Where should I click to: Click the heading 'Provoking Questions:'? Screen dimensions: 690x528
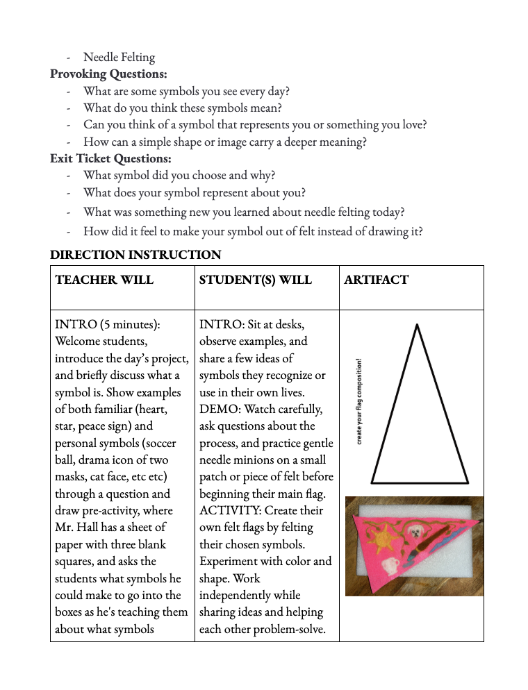[x=108, y=74]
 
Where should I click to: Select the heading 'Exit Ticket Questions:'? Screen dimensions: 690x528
[x=110, y=158]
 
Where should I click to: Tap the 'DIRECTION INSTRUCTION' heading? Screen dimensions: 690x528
[x=135, y=255]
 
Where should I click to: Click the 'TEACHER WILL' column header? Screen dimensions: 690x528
[x=104, y=280]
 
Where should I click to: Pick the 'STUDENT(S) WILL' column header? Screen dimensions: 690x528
[x=255, y=280]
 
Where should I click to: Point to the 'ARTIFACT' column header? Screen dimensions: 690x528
[x=376, y=280]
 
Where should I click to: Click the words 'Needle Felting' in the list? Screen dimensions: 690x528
[x=119, y=57]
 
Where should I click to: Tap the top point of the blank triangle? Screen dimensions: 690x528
[x=417, y=325]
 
